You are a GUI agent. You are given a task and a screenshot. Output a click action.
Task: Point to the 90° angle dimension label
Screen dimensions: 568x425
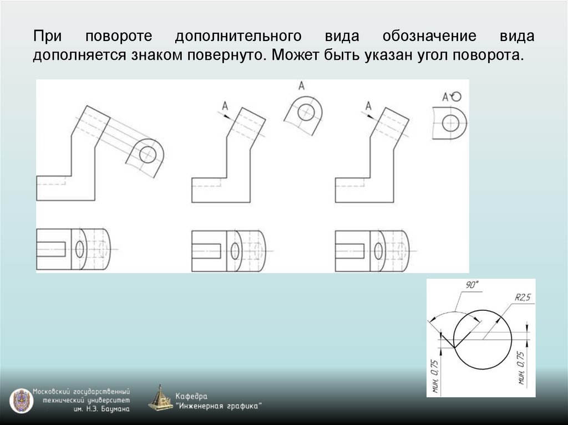pos(471,285)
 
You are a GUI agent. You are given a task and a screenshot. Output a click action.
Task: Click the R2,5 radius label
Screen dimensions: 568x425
pos(523,298)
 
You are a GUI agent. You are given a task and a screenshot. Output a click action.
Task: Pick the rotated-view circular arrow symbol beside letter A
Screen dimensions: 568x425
pos(456,96)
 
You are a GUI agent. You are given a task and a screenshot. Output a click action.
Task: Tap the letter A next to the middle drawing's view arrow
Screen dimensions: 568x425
pos(225,105)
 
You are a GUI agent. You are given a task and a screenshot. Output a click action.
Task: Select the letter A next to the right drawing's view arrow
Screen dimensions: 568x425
pos(368,105)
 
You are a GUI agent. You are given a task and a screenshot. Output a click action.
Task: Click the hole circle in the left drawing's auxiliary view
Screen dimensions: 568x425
pos(148,155)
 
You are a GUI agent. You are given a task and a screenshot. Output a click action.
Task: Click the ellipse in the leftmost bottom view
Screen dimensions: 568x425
pos(80,249)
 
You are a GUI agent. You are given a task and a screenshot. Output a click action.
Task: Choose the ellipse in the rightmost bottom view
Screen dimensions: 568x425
pos(379,249)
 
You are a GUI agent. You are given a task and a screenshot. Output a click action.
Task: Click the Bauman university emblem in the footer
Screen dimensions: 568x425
pos(21,401)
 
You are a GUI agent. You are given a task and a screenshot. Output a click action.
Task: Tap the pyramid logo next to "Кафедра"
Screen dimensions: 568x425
pos(161,399)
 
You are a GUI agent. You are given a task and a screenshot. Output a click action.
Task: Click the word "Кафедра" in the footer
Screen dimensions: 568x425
pos(191,396)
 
